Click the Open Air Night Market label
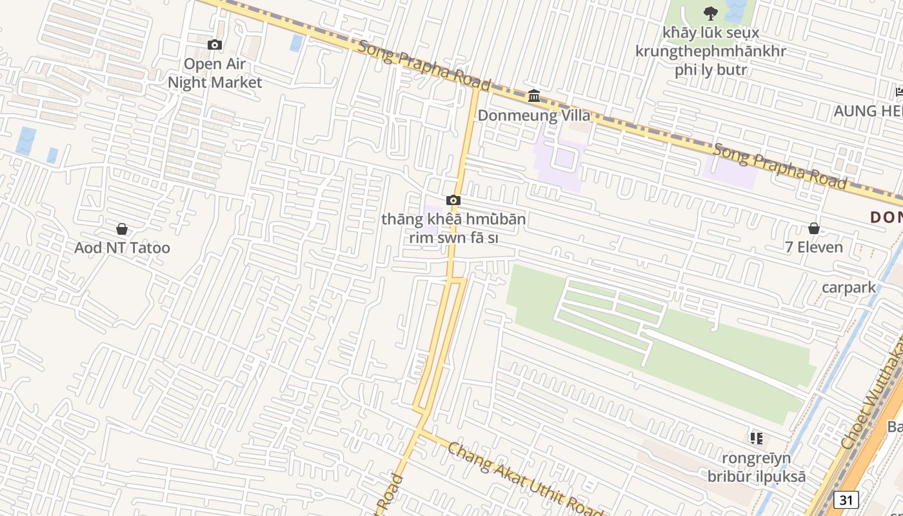(215, 73)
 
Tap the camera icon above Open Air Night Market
(215, 45)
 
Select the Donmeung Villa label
(534, 115)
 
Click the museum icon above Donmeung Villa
(534, 96)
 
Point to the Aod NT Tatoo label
(122, 248)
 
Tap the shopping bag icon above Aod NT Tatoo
(122, 229)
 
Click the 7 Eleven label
(814, 247)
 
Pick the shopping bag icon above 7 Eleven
(814, 228)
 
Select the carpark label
(849, 287)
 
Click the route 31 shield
(846, 499)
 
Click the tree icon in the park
(711, 12)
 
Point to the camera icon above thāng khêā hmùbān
(453, 201)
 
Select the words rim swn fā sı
(453, 237)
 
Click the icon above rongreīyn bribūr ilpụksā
(757, 439)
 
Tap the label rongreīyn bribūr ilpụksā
(757, 468)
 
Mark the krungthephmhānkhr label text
(711, 51)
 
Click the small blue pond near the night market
(296, 43)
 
